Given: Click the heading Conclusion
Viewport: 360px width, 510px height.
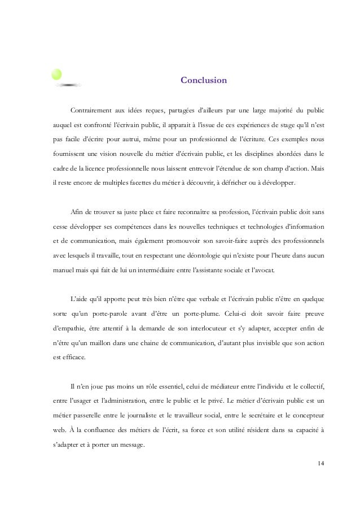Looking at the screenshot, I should [x=204, y=80].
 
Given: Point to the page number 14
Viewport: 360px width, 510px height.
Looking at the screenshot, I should [x=321, y=464].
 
